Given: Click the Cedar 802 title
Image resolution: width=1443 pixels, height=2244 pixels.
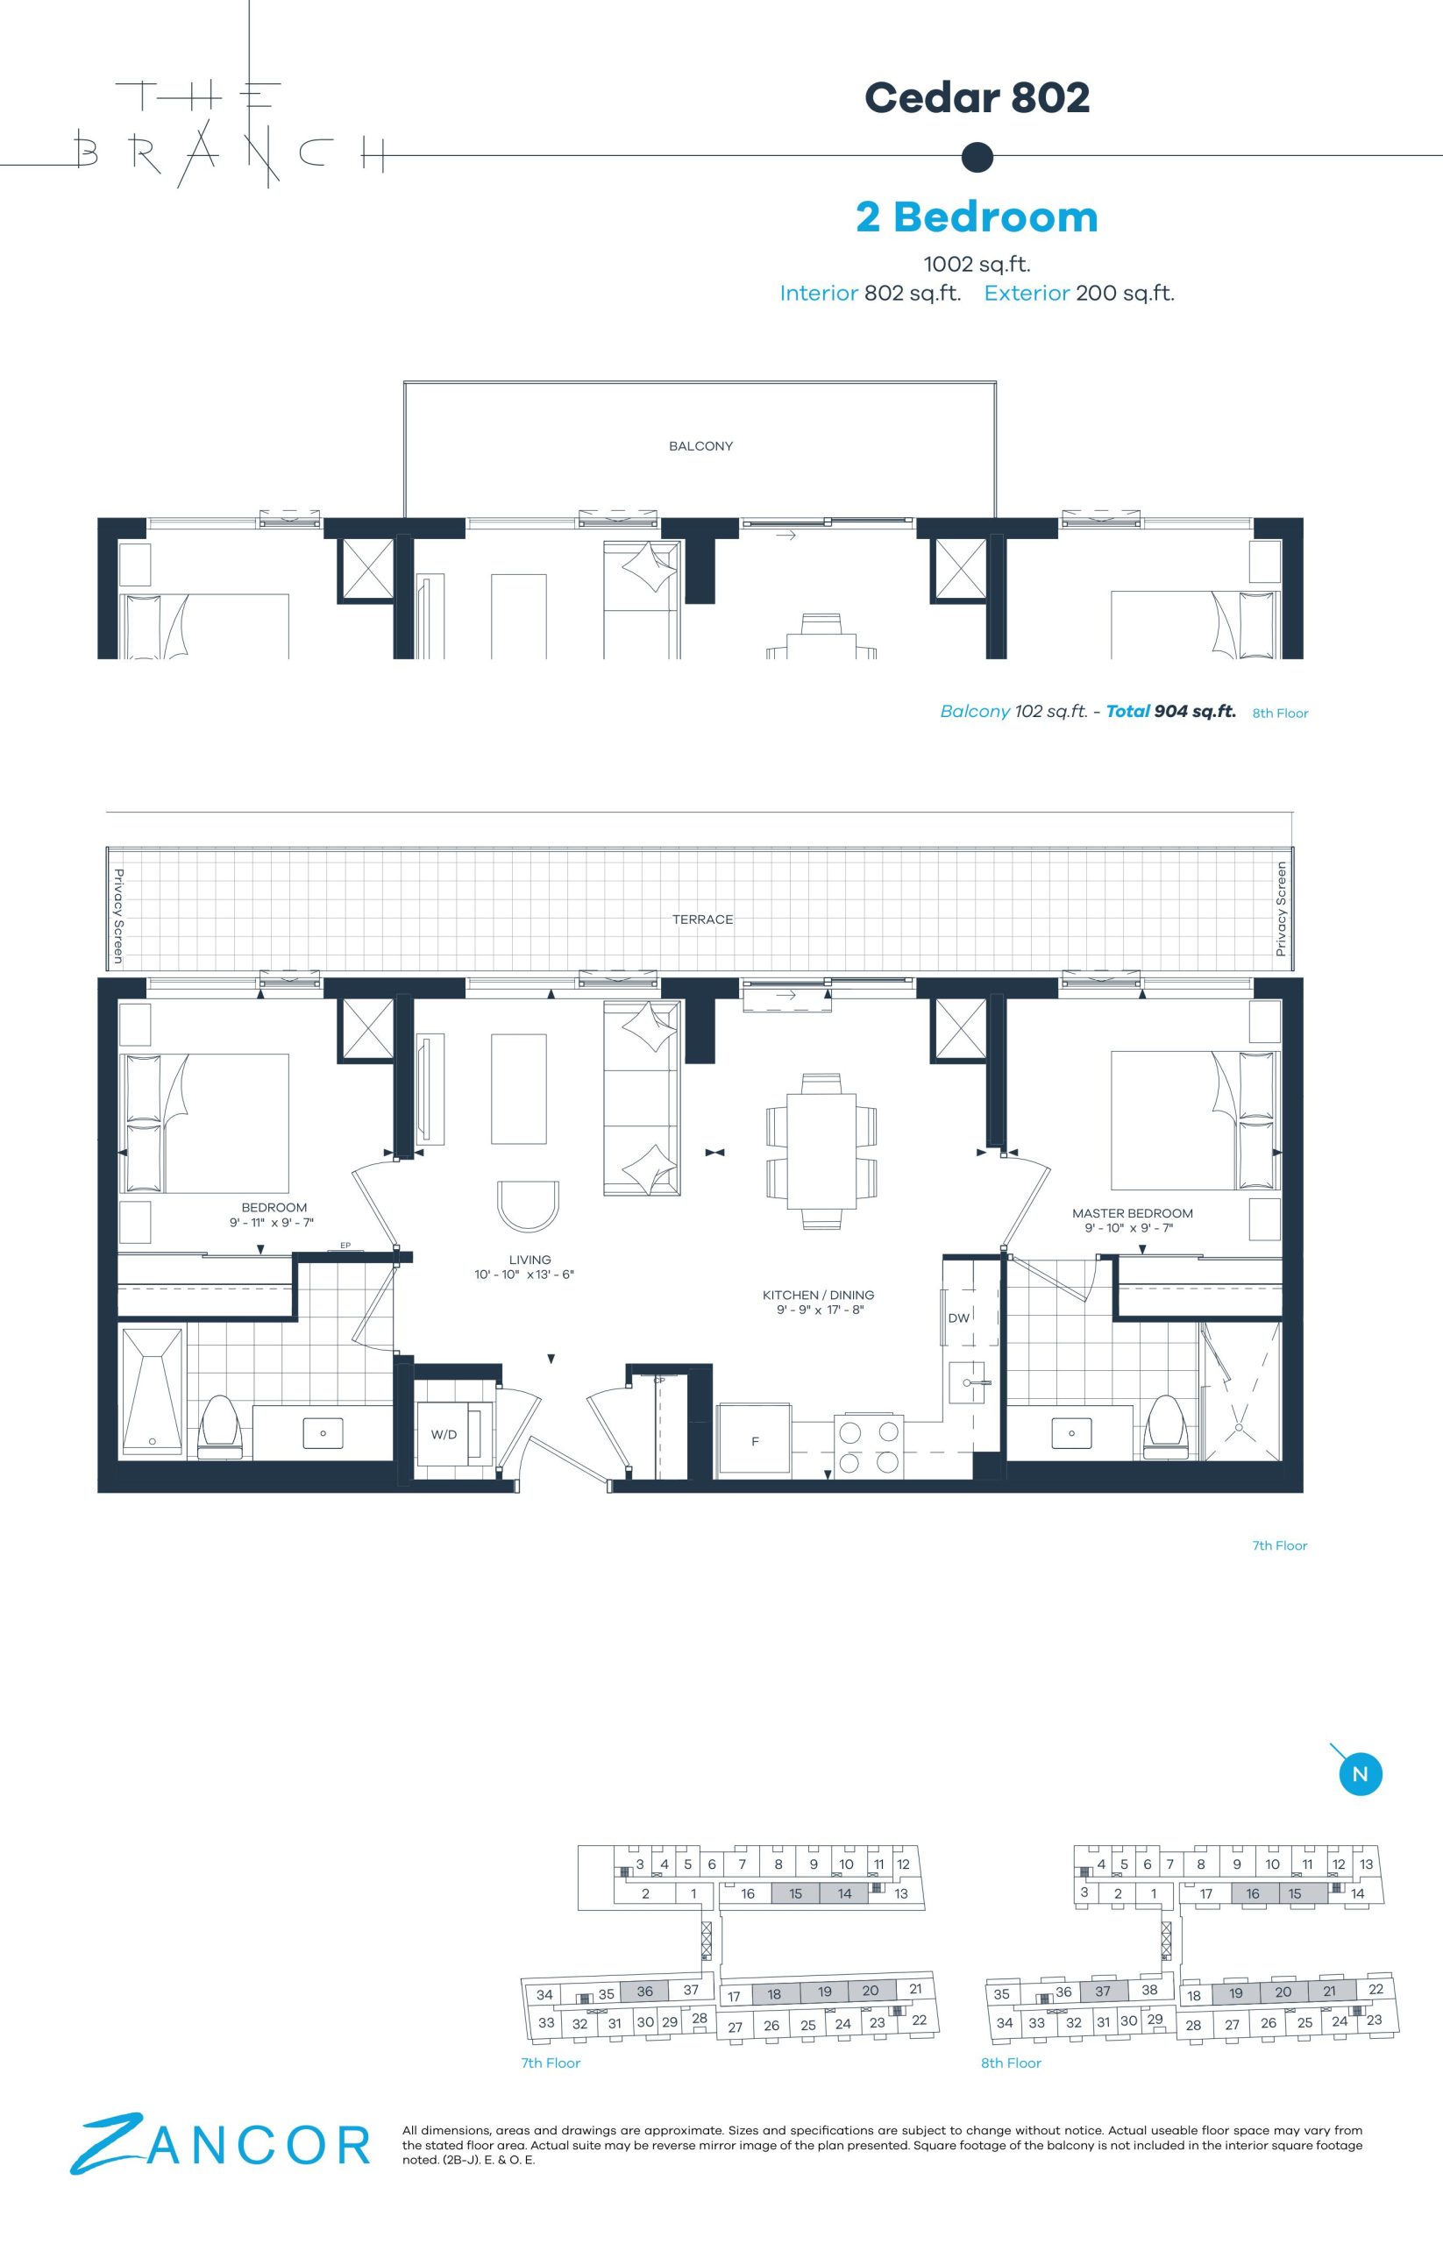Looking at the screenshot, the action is [977, 97].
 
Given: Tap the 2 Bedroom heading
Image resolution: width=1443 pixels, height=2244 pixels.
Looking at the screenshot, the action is [977, 217].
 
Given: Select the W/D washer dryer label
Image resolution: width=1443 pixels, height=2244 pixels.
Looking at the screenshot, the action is [444, 1434].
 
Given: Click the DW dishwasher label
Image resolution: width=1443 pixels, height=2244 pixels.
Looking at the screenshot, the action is [958, 1318].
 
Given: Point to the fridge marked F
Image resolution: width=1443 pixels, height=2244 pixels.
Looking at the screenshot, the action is [754, 1441].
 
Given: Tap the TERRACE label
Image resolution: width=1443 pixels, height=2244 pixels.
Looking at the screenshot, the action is [703, 920].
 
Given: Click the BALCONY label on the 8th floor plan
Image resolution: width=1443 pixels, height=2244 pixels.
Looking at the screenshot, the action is [700, 446].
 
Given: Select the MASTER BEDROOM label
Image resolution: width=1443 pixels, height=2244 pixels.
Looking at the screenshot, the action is [1132, 1212].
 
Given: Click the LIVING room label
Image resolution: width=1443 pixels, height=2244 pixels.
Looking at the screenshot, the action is [530, 1260].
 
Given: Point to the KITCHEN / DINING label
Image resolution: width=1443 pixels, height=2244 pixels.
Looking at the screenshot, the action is [818, 1295].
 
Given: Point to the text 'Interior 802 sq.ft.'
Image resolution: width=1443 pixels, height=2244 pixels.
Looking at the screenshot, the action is [871, 294].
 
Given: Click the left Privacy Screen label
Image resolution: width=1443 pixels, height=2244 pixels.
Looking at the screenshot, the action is [119, 916].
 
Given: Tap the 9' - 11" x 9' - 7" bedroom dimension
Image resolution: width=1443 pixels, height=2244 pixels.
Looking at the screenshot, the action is [272, 1223].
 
